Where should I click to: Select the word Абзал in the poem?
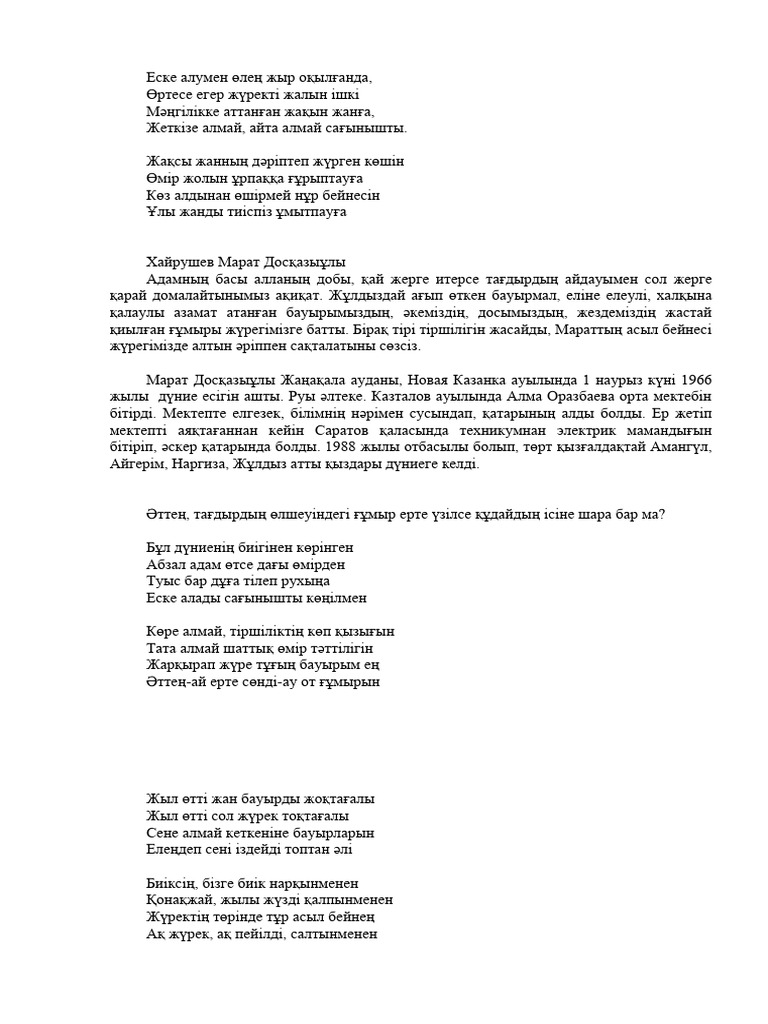166,565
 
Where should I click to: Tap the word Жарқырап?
178,665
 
